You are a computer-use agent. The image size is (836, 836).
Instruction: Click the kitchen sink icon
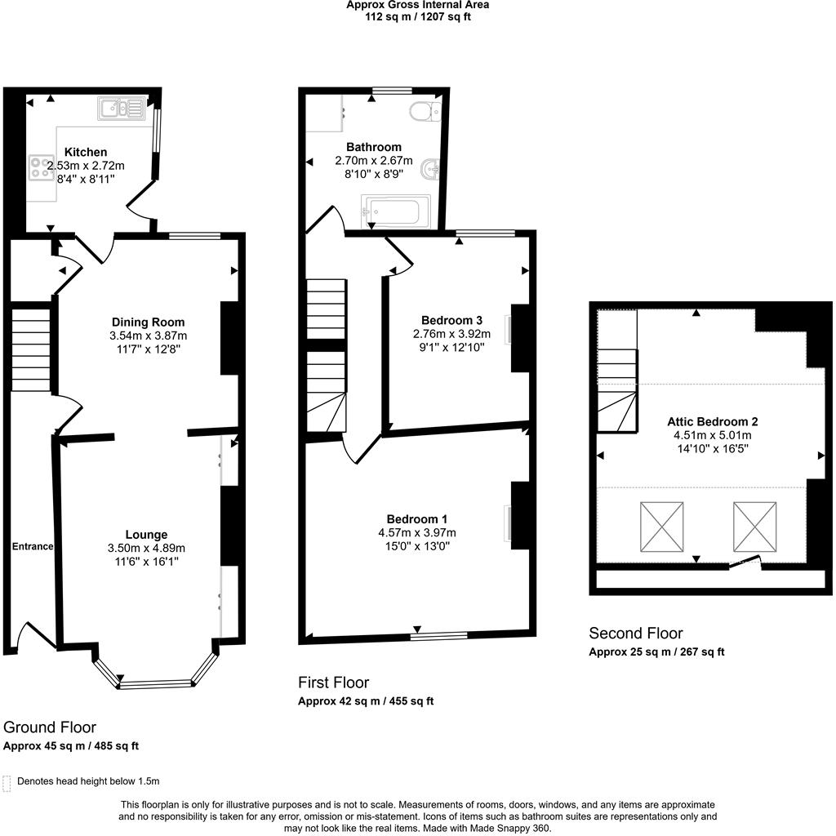(120, 108)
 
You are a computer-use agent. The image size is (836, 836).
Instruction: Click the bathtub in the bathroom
(396, 211)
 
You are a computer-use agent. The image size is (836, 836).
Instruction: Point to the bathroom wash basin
(430, 170)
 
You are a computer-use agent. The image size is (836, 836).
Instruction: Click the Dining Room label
(148, 322)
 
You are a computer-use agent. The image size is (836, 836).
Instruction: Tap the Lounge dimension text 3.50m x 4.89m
(148, 548)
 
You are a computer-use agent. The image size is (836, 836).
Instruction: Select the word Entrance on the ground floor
(33, 546)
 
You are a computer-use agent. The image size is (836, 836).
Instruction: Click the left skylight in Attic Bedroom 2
(661, 527)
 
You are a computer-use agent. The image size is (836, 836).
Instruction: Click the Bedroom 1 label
(416, 519)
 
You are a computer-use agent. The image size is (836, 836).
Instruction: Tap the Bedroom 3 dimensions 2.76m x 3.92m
(451, 333)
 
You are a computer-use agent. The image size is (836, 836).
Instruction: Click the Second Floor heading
(635, 634)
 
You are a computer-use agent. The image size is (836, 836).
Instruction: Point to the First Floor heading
(333, 683)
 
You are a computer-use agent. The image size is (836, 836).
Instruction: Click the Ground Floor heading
(50, 727)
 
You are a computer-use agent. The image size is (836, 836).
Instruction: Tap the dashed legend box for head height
(7, 783)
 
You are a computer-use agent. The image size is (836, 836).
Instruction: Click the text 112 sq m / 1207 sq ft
(418, 16)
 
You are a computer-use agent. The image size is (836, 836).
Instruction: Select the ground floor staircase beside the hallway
(31, 347)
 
